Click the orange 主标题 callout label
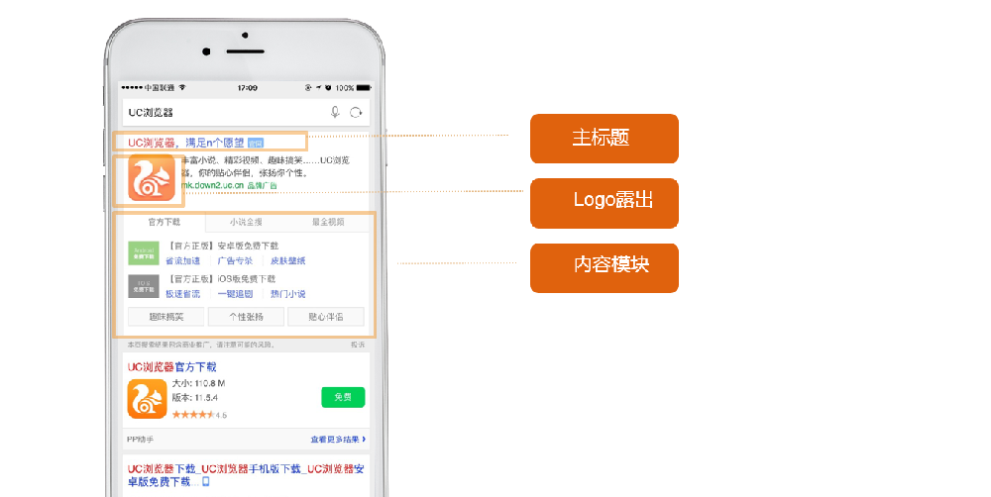(x=604, y=139)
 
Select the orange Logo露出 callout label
(x=604, y=202)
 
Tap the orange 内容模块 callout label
(x=604, y=267)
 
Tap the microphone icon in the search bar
(x=336, y=113)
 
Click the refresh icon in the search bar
(x=356, y=113)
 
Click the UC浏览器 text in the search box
(x=152, y=113)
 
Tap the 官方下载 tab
(x=164, y=223)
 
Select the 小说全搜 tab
(x=246, y=223)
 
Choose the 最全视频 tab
(x=328, y=223)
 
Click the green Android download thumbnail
(x=144, y=252)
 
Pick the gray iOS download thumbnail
(x=144, y=286)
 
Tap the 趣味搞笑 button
(x=165, y=317)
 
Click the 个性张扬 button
(x=246, y=317)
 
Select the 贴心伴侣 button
(x=326, y=317)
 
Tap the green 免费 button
(x=343, y=397)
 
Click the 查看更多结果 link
(x=338, y=439)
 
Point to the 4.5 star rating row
(x=192, y=414)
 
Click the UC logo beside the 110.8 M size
(x=147, y=398)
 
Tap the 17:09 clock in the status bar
(x=247, y=88)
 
